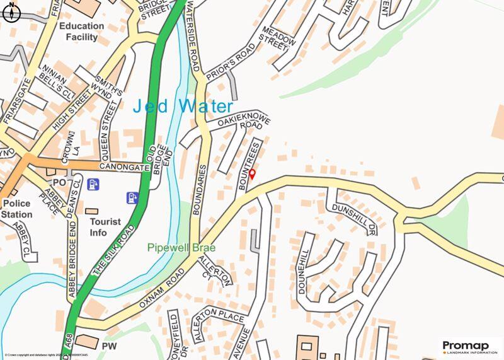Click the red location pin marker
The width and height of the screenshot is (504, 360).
(252, 174)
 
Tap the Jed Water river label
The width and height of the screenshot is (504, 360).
(183, 106)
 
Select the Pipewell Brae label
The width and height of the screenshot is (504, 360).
(181, 248)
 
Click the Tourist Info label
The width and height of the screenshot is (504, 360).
(105, 228)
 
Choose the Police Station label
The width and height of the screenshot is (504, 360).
(17, 209)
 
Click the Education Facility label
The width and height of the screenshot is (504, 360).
(82, 32)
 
